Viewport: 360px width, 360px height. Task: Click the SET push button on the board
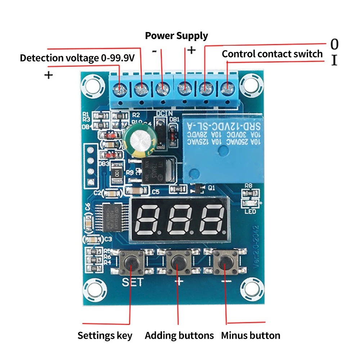pyautogui.click(x=132, y=262)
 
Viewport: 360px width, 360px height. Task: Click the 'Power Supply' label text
pyautogui.click(x=176, y=36)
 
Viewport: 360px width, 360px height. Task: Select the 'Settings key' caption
pyautogui.click(x=105, y=336)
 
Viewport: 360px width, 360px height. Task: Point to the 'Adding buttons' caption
pyautogui.click(x=179, y=336)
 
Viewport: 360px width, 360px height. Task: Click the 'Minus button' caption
pyautogui.click(x=251, y=336)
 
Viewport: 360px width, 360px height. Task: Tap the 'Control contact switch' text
pyautogui.click(x=272, y=54)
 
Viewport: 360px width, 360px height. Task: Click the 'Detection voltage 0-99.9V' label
pyautogui.click(x=77, y=58)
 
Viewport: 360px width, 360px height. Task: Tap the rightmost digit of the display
pyautogui.click(x=211, y=219)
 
